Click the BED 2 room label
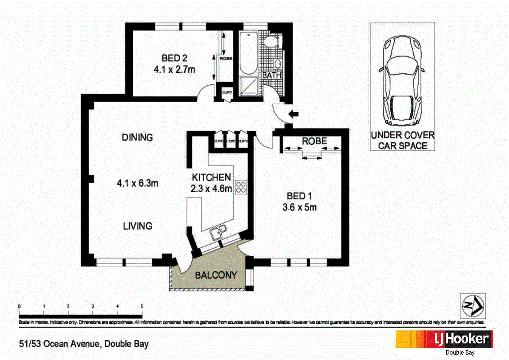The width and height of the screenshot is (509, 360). [174, 58]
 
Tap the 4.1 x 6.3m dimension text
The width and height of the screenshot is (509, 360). [137, 183]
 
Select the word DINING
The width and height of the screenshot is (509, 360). [137, 137]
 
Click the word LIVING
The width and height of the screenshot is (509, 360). [137, 226]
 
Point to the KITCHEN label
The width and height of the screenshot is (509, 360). [211, 177]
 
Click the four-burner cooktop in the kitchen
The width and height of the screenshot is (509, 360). [241, 188]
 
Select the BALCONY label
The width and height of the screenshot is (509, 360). [216, 275]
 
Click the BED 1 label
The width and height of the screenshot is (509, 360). [299, 196]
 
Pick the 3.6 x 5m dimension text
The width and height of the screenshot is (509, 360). [299, 207]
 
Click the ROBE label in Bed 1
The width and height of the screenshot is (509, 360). [314, 141]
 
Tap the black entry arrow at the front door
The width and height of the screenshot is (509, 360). [294, 114]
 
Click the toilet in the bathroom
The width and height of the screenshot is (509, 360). [271, 42]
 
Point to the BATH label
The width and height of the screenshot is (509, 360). [272, 75]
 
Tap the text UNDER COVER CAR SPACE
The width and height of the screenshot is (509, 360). [403, 140]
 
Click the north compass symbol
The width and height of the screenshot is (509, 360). [473, 306]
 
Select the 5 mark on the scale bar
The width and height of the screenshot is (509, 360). [142, 306]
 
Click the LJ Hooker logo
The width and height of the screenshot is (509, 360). [444, 339]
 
